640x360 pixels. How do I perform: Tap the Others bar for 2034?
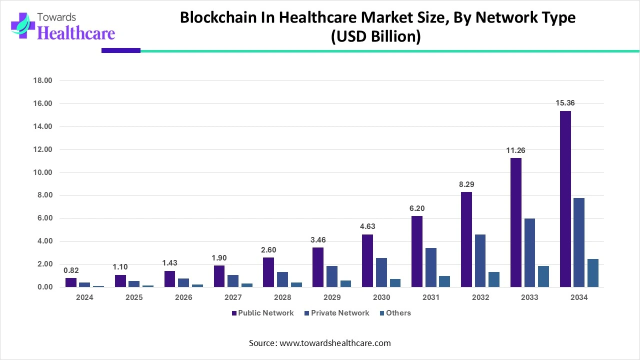593,273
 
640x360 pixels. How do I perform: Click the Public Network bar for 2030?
367,260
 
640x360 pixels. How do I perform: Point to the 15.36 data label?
565,103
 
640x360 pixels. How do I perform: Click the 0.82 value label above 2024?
71,270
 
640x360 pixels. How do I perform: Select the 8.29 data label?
466,184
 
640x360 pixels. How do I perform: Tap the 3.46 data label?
317,240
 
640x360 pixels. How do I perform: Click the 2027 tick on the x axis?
233,297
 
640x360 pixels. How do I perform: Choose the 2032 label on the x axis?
480,297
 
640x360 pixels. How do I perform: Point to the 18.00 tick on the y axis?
42,80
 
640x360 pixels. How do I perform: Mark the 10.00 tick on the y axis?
42,172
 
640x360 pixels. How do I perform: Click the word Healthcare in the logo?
76,33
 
